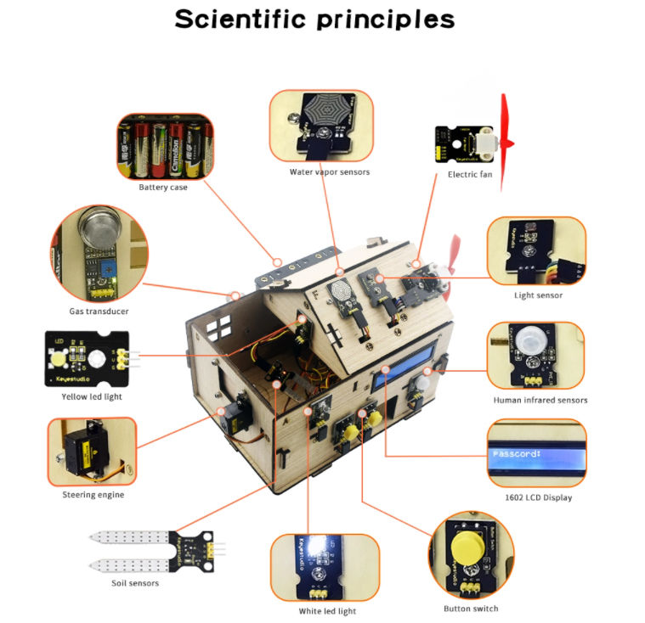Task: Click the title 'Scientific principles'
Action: [x=314, y=20]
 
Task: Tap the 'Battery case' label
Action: [x=163, y=187]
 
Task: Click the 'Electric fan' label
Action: [x=469, y=175]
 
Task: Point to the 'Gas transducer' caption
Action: [x=99, y=311]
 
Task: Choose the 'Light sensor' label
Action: [x=538, y=295]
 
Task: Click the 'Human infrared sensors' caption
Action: [x=540, y=400]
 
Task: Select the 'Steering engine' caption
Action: [x=93, y=495]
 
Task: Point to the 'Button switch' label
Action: [x=471, y=609]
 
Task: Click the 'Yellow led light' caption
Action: [x=91, y=395]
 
